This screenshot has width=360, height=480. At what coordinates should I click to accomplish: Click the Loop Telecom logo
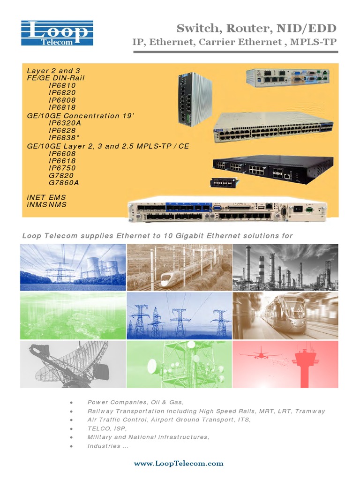(x=57, y=32)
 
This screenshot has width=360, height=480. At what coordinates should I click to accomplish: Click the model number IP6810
(x=62, y=85)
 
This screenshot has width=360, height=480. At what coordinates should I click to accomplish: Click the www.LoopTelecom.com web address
(x=179, y=463)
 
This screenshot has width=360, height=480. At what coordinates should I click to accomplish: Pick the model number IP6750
(x=62, y=168)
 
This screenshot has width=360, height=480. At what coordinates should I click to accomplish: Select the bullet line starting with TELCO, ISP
(x=107, y=428)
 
